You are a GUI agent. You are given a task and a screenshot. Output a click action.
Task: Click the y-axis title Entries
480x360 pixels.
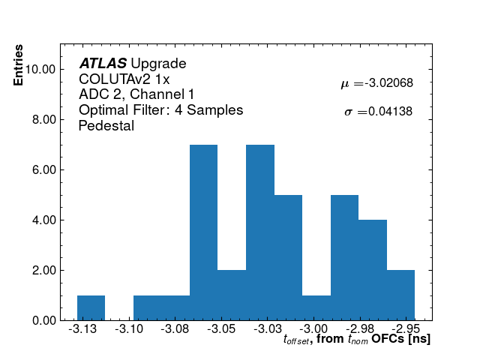[18, 65]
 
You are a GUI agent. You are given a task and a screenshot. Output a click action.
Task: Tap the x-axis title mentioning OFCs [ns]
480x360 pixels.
[357, 340]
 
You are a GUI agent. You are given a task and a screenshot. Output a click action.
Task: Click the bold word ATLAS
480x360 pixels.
[103, 64]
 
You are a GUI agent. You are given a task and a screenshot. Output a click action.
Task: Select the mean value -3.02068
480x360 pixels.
[376, 84]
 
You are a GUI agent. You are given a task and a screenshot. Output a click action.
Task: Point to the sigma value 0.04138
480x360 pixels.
[378, 112]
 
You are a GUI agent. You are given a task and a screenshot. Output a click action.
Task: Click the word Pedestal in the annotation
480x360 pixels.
[106, 126]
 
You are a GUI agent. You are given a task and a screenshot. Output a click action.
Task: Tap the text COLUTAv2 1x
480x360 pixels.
[124, 79]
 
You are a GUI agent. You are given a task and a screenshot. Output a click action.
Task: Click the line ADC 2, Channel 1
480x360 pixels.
[136, 94]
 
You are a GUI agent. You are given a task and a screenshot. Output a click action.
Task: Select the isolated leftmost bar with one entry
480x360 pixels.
[91, 307]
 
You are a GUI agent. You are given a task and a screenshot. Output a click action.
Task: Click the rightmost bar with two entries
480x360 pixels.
[400, 295]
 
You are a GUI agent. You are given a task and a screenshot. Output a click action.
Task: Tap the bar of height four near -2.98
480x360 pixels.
[372, 270]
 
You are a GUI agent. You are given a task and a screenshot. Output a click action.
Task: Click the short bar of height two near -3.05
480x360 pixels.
[232, 295]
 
